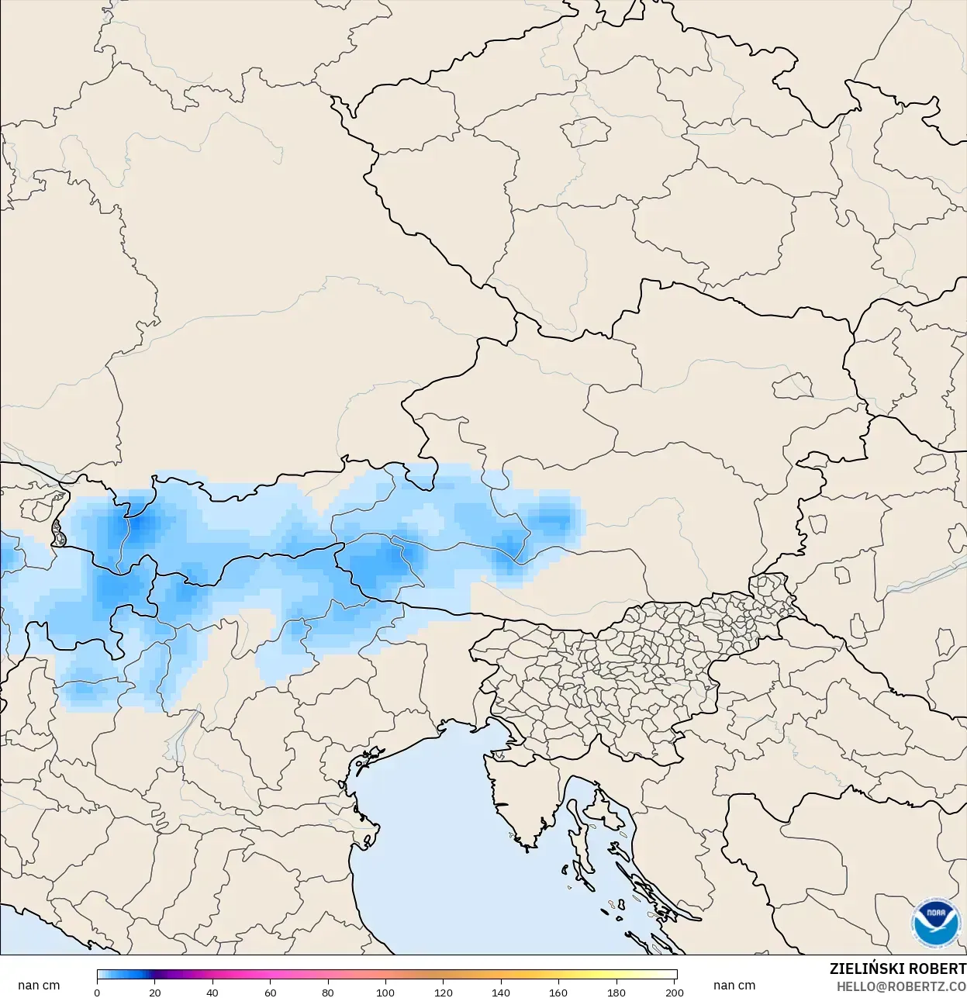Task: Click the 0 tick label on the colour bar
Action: (x=97, y=992)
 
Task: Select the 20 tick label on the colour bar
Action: (x=155, y=992)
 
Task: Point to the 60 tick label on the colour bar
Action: (x=270, y=992)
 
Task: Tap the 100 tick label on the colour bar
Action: (x=385, y=992)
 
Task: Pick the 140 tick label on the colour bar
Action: (x=501, y=992)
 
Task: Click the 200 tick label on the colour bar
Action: (x=675, y=992)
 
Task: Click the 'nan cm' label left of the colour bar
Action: (x=39, y=985)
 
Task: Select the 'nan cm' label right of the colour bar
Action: (x=734, y=985)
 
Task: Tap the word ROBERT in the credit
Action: (x=938, y=969)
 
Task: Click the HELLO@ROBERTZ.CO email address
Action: (x=901, y=986)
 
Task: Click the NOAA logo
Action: (x=936, y=923)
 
